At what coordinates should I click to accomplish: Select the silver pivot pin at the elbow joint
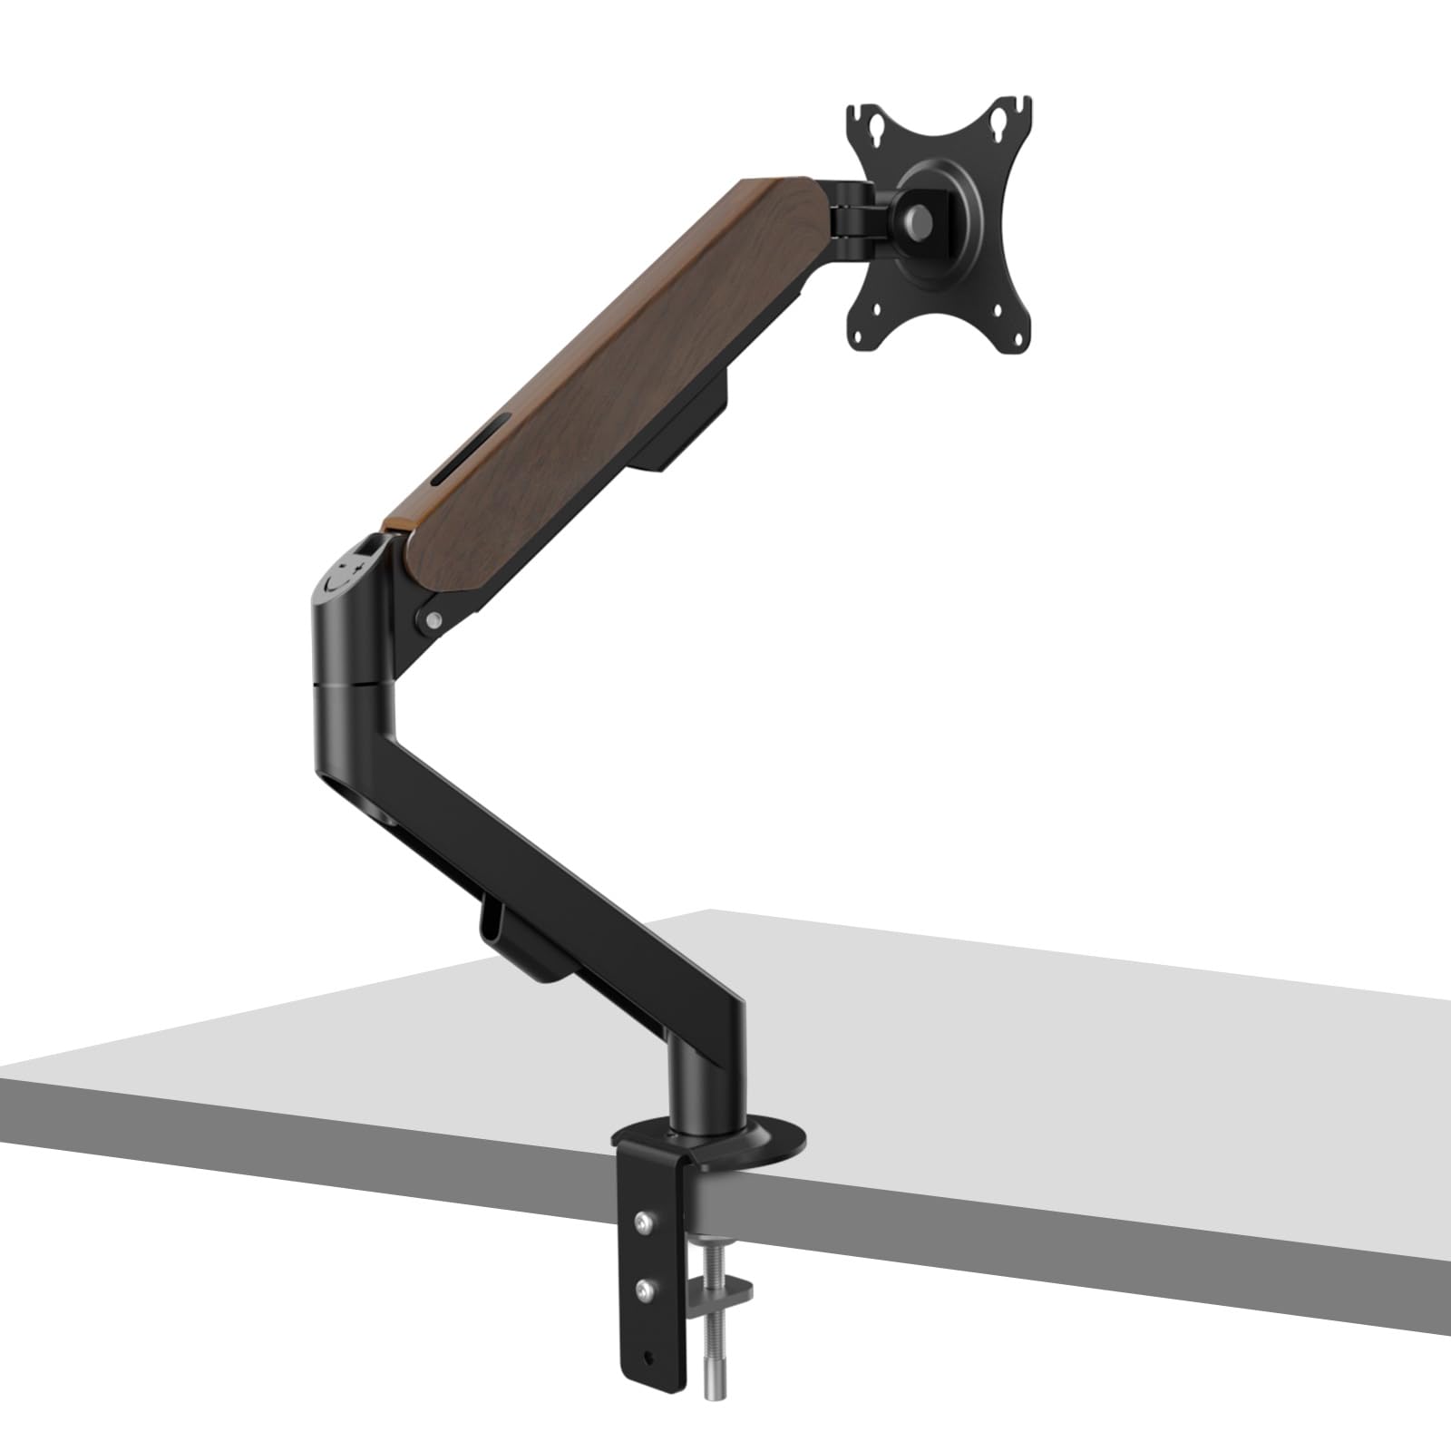pos(434,620)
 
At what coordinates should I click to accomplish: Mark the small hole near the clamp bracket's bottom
pos(649,1358)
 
